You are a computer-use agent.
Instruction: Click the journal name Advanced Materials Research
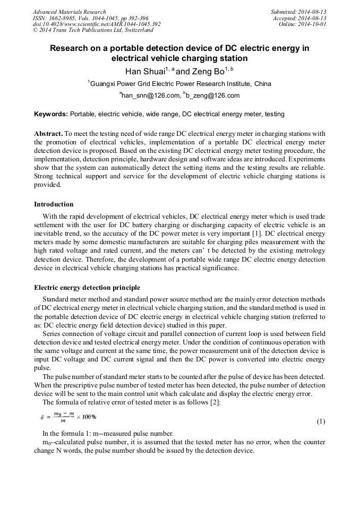pos(70,12)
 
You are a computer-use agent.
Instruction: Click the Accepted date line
pos(300,18)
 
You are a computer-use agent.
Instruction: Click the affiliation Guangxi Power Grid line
pos(179,84)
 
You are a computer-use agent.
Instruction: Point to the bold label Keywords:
pos(51,114)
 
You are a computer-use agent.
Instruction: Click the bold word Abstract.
pos(49,134)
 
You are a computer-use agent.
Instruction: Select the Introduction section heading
pos(54,204)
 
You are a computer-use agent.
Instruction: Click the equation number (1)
pos(321,421)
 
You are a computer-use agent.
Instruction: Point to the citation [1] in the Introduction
pos(261,234)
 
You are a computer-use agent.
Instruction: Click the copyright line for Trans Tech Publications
pos(93,30)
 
